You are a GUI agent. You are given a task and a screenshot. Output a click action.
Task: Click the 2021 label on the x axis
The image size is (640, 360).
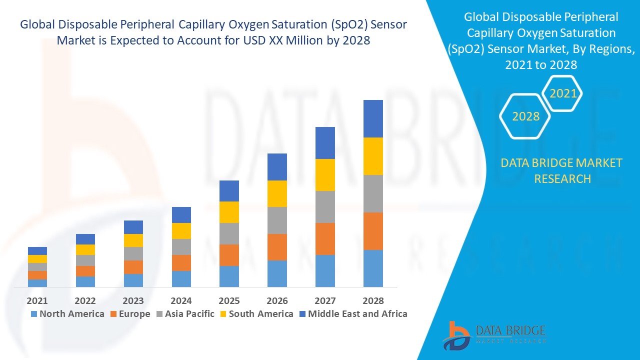pyautogui.click(x=37, y=300)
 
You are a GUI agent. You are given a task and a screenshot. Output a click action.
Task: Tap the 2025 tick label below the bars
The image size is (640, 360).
pyautogui.click(x=229, y=300)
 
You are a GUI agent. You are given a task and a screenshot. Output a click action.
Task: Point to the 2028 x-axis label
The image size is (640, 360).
pyautogui.click(x=373, y=300)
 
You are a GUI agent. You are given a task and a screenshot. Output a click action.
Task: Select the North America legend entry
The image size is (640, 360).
pyautogui.click(x=67, y=314)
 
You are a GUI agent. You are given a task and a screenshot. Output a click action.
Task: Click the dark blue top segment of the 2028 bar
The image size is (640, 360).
pyautogui.click(x=373, y=118)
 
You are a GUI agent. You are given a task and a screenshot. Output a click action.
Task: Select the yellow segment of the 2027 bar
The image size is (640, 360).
pyautogui.click(x=325, y=175)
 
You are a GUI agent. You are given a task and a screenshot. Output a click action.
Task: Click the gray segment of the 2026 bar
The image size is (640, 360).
pyautogui.click(x=277, y=220)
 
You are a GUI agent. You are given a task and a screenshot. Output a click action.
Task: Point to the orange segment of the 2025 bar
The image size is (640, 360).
pyautogui.click(x=229, y=255)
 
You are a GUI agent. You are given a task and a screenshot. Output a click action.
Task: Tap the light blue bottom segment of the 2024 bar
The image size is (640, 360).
pyautogui.click(x=181, y=279)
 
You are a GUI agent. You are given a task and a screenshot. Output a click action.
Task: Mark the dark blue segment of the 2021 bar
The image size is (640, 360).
pyautogui.click(x=37, y=251)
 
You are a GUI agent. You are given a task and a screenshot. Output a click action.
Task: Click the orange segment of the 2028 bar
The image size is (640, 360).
pyautogui.click(x=373, y=231)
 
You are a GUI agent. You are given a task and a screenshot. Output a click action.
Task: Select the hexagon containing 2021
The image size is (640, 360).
pyautogui.click(x=563, y=93)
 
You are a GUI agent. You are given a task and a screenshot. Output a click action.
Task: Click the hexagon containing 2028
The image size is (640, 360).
pyautogui.click(x=525, y=116)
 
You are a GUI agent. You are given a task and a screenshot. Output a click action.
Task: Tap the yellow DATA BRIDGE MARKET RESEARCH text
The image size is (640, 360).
pyautogui.click(x=561, y=170)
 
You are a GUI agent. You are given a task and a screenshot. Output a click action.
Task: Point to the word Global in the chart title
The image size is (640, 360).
pyautogui.click(x=38, y=25)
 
